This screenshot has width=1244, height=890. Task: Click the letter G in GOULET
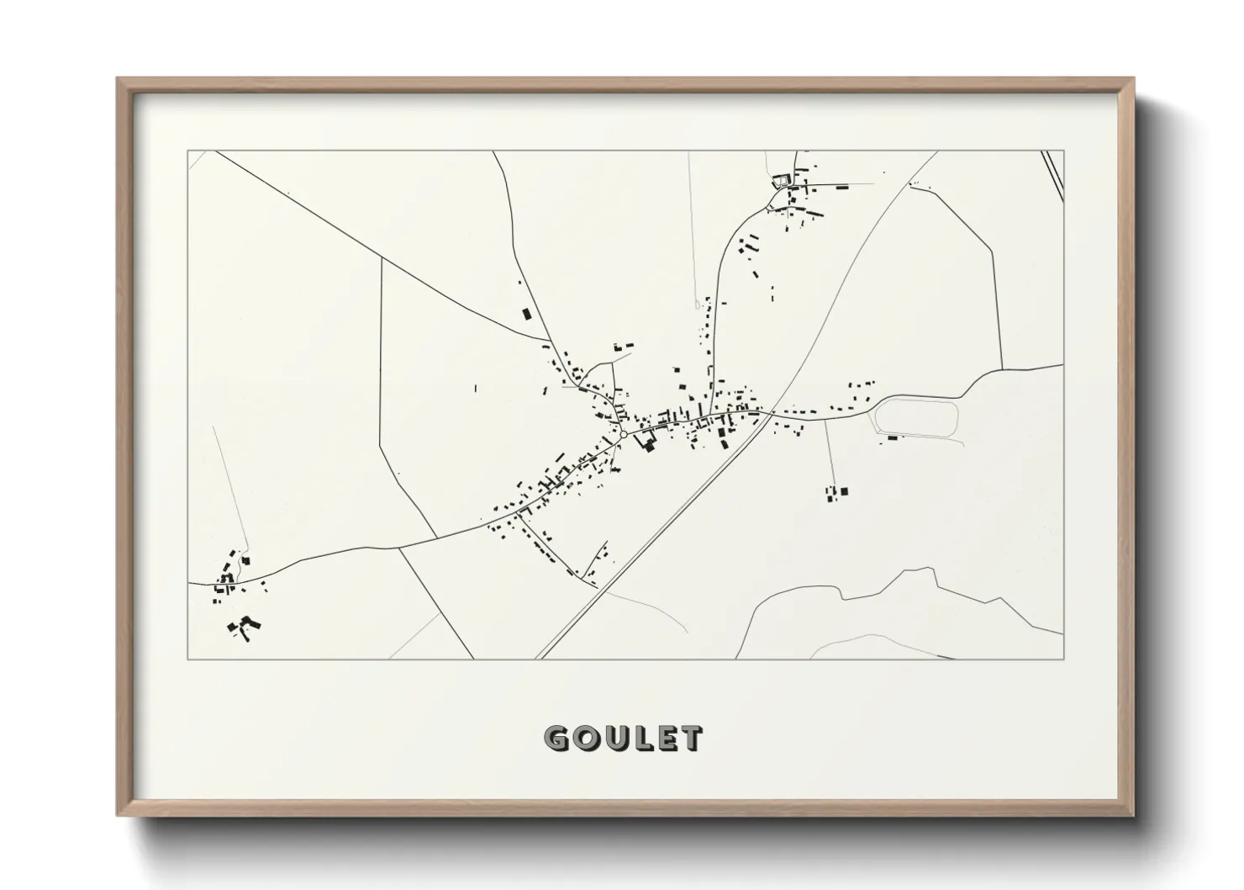pos(557,739)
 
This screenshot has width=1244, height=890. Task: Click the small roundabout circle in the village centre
pos(624,434)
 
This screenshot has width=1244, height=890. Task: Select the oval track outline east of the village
pos(917,418)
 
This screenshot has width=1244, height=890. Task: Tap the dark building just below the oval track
pos(892,437)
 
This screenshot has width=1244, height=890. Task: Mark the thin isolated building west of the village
pos(475,389)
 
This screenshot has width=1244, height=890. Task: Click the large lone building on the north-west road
pos(528,314)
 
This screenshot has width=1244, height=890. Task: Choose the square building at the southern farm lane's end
pos(845,491)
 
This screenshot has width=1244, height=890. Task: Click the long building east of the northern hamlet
pos(841,187)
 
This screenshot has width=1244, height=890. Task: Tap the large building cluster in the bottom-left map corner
pos(244,625)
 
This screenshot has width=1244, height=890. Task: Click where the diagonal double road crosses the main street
pos(770,412)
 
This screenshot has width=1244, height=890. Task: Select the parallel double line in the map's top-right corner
pos(1052,175)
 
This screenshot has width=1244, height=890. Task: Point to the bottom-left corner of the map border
pos(188,659)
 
